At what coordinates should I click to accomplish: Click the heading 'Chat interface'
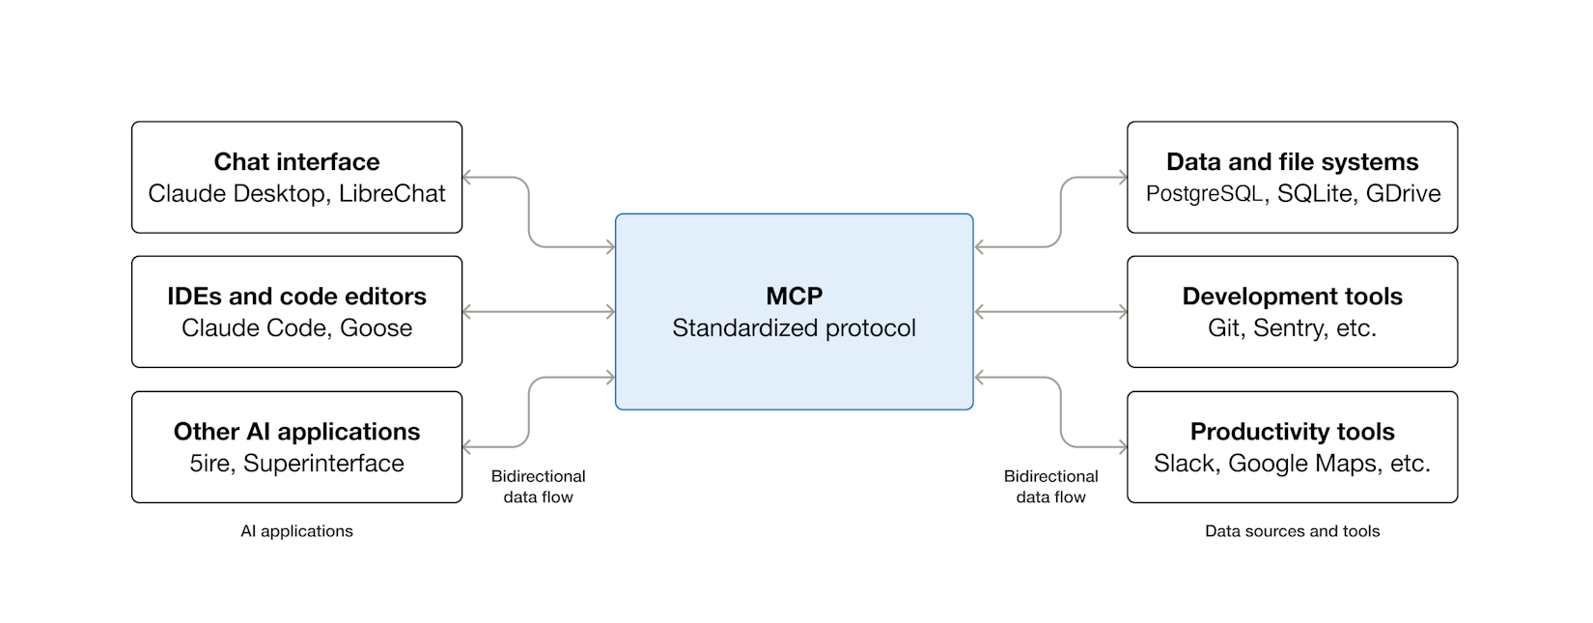coord(296,161)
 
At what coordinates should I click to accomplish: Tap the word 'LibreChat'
coord(392,193)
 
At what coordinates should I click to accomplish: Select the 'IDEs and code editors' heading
coord(296,296)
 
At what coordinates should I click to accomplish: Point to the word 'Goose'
coord(376,328)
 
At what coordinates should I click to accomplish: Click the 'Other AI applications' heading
coord(296,431)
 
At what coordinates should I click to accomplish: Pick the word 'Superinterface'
coord(323,464)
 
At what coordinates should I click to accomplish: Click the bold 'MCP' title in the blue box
coord(794,296)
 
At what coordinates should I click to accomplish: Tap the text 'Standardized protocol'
coord(794,328)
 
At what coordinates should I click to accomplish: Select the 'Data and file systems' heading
coord(1292,161)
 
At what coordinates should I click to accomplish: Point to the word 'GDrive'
coord(1403,193)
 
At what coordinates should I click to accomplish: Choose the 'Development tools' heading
coord(1292,296)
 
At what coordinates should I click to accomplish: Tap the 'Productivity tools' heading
coord(1292,431)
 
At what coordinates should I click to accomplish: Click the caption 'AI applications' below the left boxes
coord(296,531)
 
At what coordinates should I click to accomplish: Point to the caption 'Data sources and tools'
coord(1292,531)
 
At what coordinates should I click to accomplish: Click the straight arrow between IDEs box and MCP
coord(539,312)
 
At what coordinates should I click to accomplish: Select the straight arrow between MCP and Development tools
coord(1050,312)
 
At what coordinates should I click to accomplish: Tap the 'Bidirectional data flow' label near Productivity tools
coord(1050,487)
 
